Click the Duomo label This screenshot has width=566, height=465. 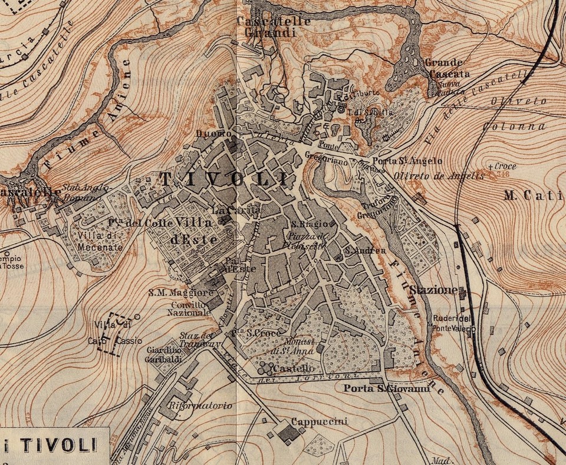coord(213,134)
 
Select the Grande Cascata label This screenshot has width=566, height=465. coord(447,69)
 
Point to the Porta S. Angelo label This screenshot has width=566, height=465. coord(407,161)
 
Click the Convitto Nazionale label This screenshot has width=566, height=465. coord(190,309)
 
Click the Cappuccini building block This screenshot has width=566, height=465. coord(288,434)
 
